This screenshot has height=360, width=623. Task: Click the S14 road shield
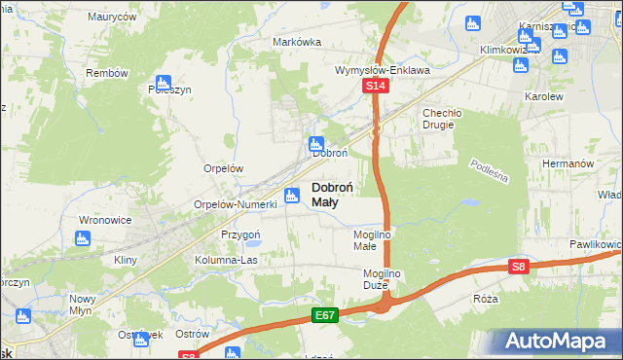[378, 88]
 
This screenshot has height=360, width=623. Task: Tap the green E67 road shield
[326, 316]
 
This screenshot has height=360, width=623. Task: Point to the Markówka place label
[297, 42]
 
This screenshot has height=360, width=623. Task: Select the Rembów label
[107, 73]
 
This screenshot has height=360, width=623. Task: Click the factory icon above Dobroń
[316, 143]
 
